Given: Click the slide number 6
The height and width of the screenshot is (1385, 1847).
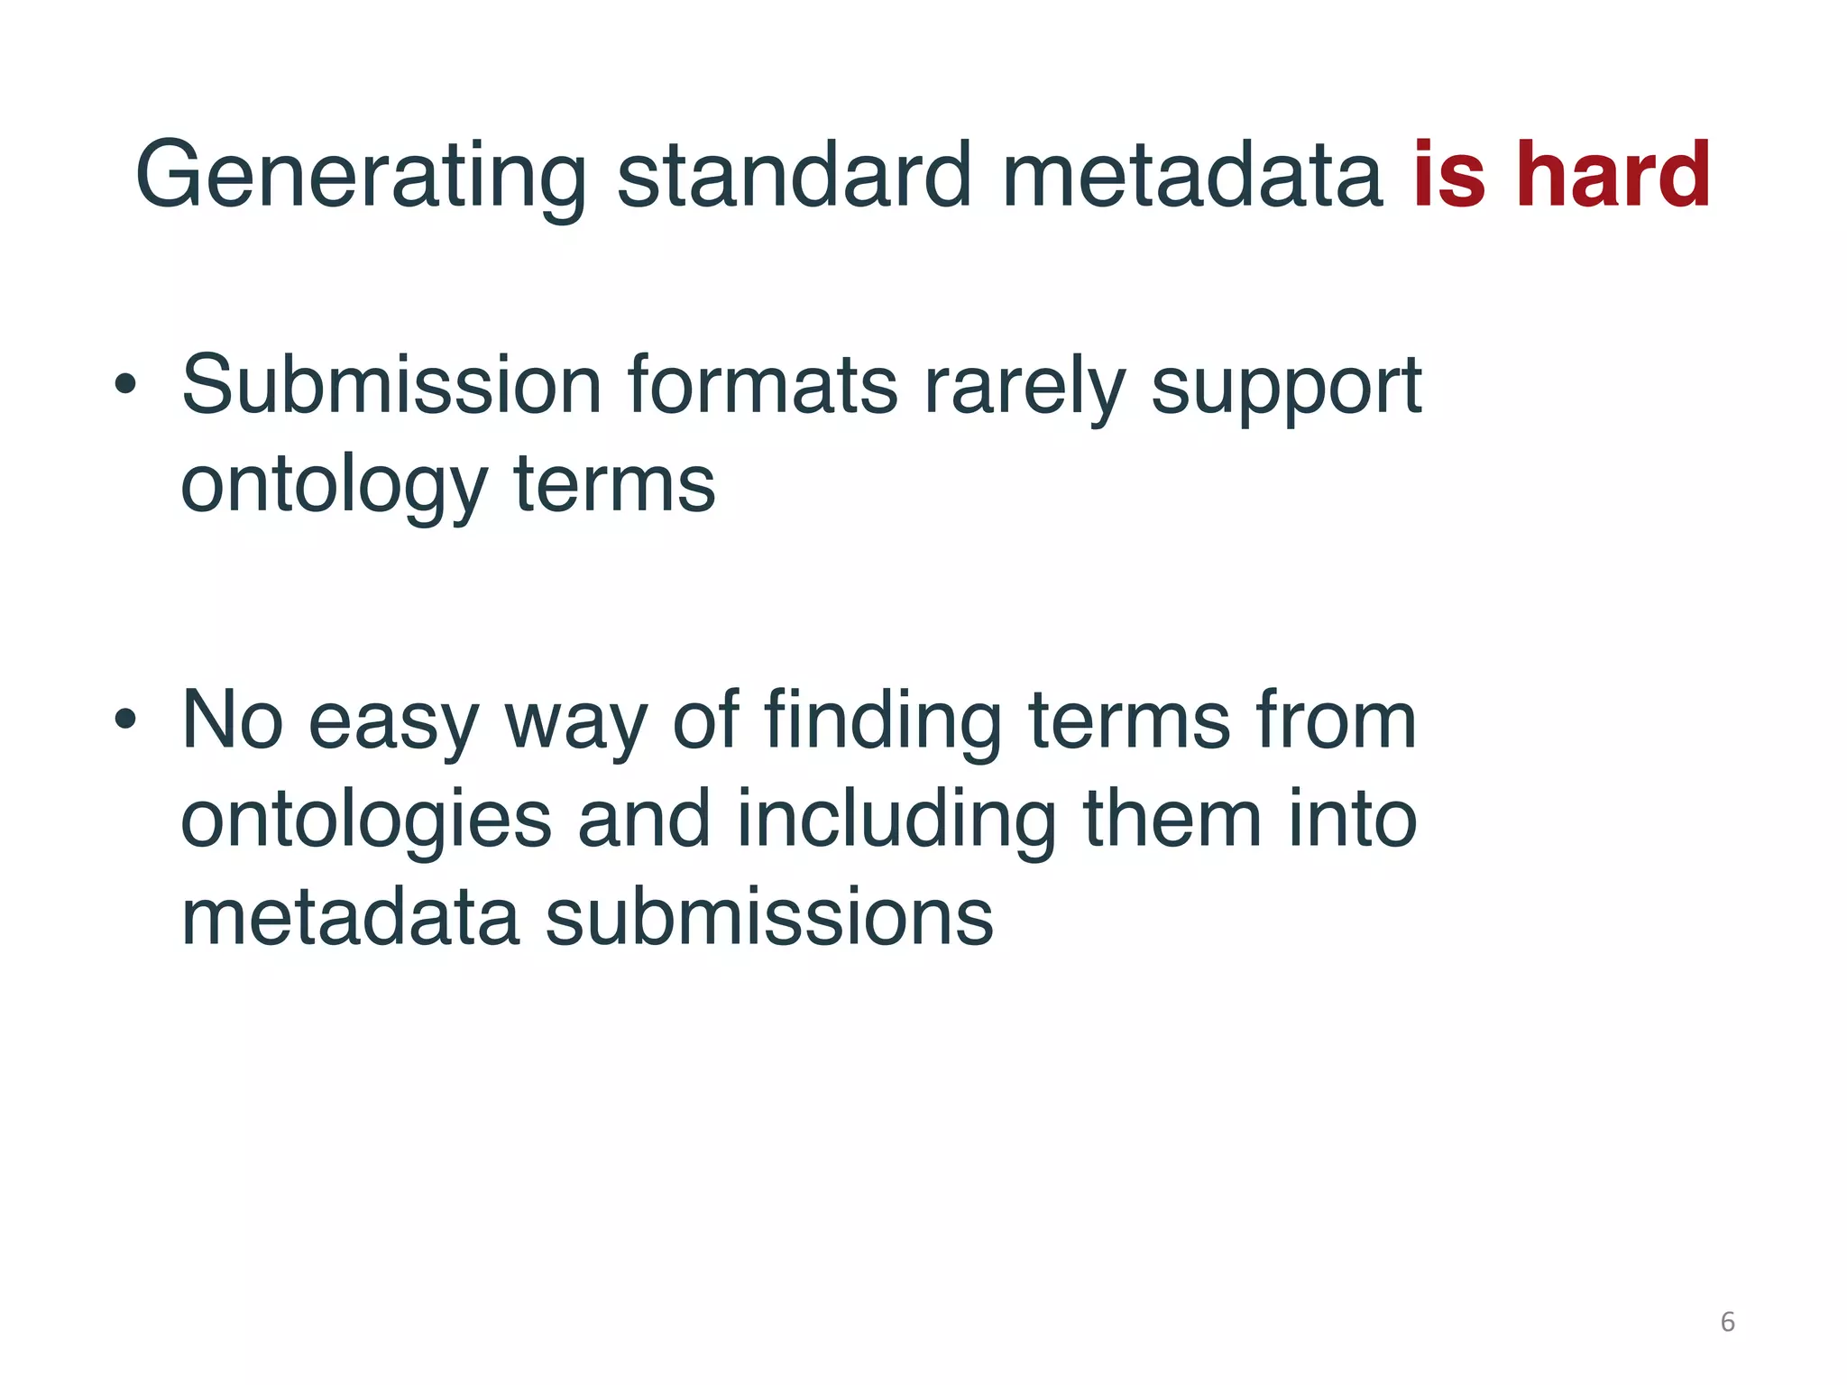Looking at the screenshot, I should (x=1727, y=1322).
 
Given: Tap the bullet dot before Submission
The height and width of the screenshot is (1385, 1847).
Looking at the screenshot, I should (x=125, y=386).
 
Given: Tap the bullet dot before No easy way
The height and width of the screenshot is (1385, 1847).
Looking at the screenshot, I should (x=125, y=720).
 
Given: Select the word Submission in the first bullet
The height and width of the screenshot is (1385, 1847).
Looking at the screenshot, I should (x=391, y=386).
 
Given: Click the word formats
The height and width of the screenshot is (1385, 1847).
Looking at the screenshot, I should (x=762, y=386).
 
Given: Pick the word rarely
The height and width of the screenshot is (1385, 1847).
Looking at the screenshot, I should (x=1025, y=386).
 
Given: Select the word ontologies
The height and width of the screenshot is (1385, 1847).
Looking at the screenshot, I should (x=365, y=821).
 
